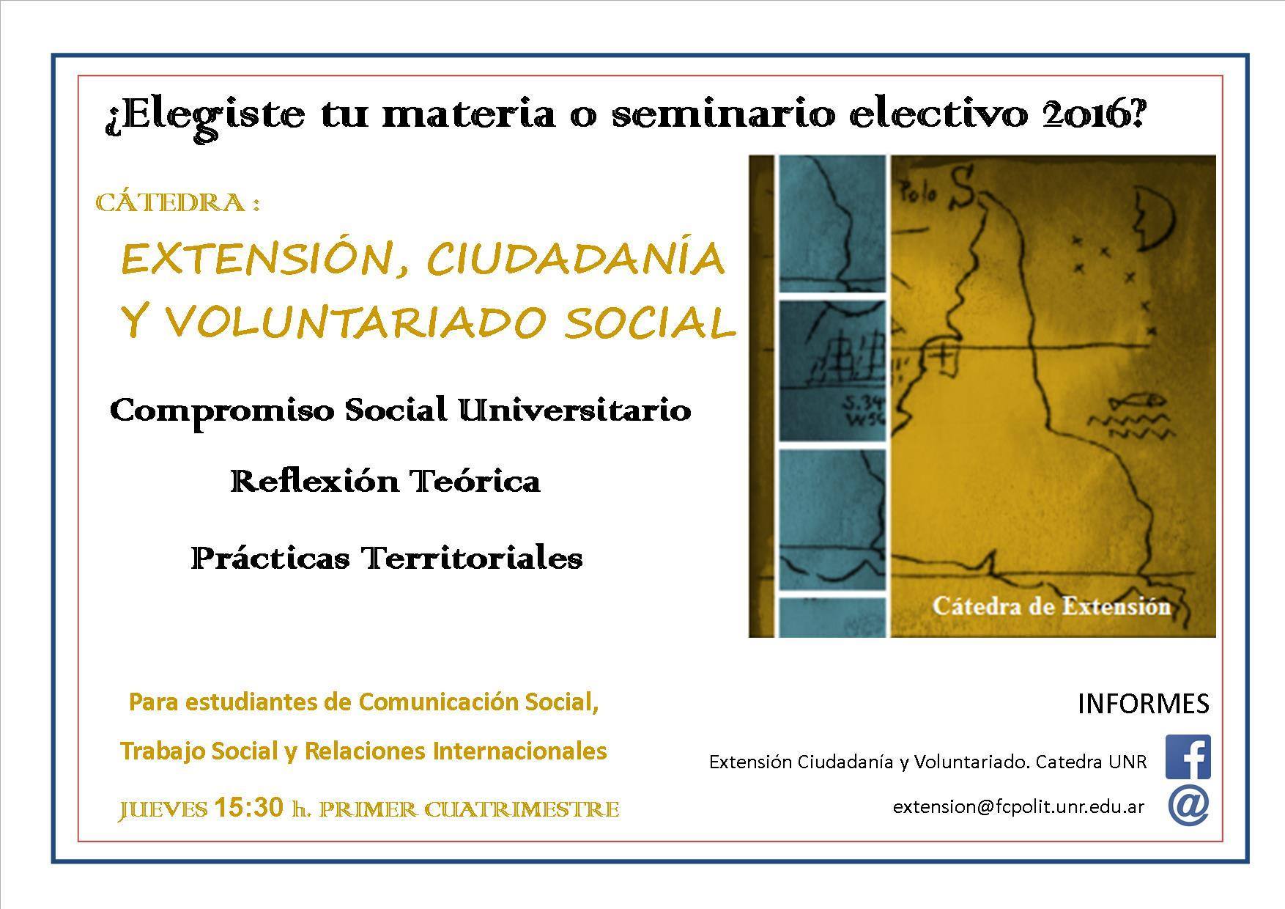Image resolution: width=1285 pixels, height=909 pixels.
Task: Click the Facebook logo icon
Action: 1188,757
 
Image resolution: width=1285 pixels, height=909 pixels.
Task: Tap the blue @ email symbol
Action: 1188,806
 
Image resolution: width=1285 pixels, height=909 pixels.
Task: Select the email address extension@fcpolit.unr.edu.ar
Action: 1018,806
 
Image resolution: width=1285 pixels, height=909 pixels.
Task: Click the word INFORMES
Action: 1144,704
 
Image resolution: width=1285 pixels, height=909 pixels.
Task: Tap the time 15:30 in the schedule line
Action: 248,807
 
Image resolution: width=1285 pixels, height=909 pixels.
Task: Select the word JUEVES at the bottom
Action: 163,809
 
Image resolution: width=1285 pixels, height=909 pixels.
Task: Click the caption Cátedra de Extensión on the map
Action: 1051,606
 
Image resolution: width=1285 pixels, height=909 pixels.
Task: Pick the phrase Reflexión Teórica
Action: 385,482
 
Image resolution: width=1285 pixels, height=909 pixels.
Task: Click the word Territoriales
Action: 473,559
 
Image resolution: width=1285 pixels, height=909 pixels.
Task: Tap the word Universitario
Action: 574,411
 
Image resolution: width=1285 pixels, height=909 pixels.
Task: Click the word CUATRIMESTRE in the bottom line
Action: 522,809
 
